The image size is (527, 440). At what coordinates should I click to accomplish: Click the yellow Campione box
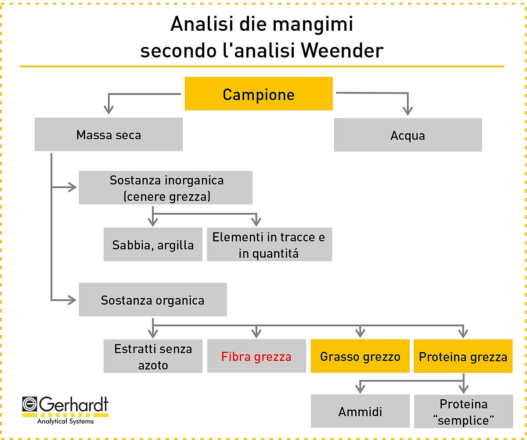[x=259, y=94]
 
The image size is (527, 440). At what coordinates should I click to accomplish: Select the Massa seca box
[x=108, y=134]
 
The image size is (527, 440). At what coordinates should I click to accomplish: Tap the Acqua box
[x=408, y=135]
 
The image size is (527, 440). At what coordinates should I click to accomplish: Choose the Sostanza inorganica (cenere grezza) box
[x=166, y=188]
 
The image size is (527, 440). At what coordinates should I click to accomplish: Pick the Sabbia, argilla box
[x=153, y=244]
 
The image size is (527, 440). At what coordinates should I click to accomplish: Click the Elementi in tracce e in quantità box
[x=269, y=244]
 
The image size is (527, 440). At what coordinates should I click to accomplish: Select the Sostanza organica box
[x=153, y=299]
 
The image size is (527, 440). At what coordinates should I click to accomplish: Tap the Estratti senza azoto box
[x=153, y=356]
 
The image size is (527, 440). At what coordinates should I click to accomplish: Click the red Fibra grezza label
[x=256, y=357]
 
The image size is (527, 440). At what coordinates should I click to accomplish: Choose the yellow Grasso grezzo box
[x=360, y=356]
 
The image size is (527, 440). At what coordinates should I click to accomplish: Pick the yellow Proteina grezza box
[x=463, y=356]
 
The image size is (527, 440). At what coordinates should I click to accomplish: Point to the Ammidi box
[x=360, y=411]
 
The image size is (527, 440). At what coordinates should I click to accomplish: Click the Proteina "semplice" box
[x=464, y=411]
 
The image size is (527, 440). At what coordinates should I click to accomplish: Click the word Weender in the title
[x=343, y=51]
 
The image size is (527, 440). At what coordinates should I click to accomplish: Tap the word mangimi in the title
[x=313, y=25]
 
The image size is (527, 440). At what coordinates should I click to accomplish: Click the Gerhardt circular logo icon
[x=29, y=404]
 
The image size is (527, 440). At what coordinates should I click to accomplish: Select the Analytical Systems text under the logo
[x=65, y=421]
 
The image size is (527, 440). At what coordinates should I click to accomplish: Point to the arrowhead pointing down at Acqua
[x=408, y=111]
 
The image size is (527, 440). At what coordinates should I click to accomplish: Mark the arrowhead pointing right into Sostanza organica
[x=72, y=300]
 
